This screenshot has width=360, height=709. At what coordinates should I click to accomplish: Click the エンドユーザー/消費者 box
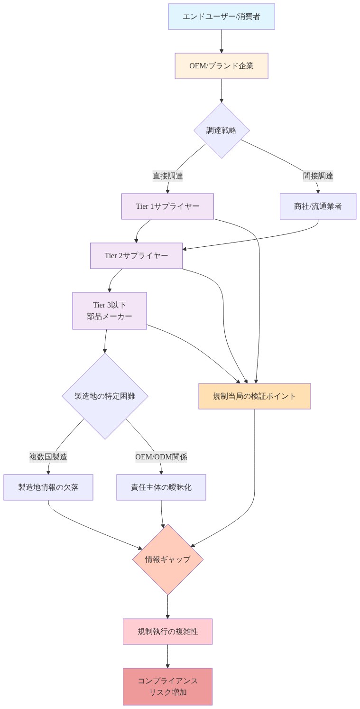point(221,17)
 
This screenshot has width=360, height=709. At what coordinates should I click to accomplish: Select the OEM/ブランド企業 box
point(221,66)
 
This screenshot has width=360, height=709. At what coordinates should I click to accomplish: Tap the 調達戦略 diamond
point(221,131)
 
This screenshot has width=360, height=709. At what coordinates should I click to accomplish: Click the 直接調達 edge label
point(167,176)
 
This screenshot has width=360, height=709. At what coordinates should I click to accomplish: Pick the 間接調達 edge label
point(318,176)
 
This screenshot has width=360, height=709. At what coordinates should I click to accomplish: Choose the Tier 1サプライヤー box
point(167,206)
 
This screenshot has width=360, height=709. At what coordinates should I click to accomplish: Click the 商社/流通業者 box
point(318,206)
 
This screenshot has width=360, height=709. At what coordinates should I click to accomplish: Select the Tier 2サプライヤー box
point(136,256)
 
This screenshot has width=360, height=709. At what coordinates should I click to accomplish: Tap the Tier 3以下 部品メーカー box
point(109,311)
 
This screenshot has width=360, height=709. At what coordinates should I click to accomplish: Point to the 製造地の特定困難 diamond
point(105,396)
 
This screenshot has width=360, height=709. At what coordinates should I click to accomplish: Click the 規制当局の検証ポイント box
point(254,396)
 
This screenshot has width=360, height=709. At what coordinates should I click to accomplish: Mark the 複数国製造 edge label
point(48,457)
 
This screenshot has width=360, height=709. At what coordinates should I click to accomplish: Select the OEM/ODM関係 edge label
point(161,457)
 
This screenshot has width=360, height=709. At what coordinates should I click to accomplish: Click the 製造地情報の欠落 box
point(48,487)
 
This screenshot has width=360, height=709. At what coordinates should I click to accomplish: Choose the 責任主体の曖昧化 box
point(161,487)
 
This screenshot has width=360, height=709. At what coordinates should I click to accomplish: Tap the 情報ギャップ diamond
point(167,560)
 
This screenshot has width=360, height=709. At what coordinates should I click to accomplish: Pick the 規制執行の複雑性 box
point(167,632)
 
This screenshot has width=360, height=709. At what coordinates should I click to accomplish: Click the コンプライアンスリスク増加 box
point(167,687)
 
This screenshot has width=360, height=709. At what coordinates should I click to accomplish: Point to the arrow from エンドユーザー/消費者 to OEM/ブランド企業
point(221,41)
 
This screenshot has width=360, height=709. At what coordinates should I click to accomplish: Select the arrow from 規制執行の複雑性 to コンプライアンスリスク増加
point(167,656)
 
